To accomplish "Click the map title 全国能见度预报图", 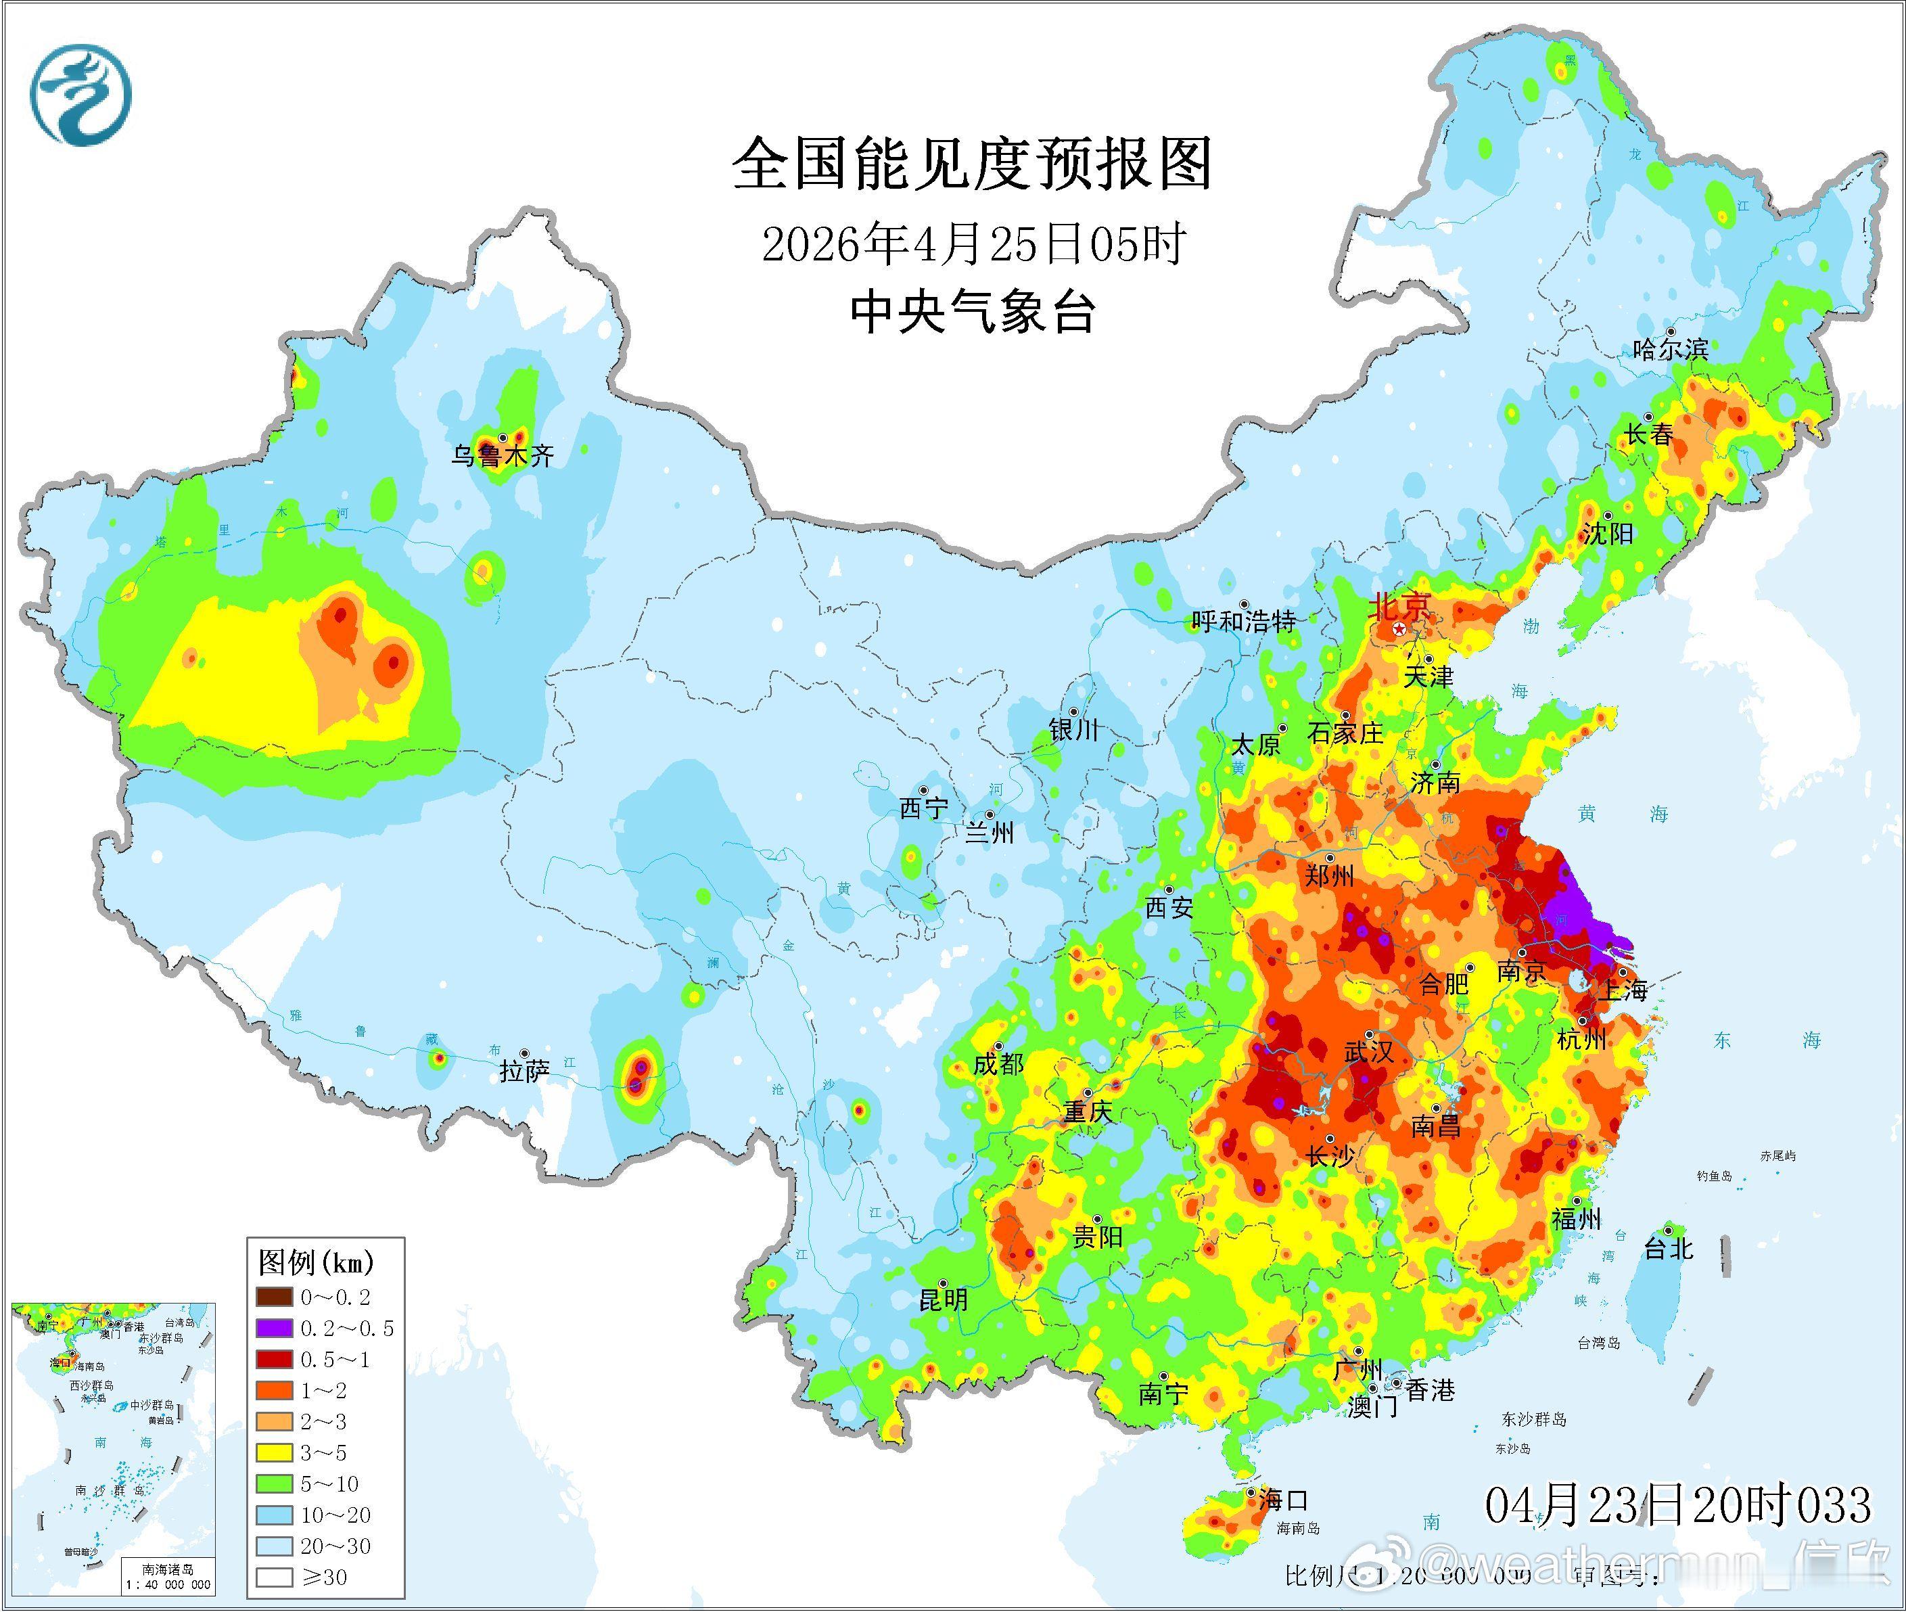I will [x=971, y=164].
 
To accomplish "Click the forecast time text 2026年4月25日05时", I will [x=973, y=245].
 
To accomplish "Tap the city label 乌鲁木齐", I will [x=502, y=456].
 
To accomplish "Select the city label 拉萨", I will [x=524, y=1071].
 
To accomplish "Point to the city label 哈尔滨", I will [x=1670, y=348].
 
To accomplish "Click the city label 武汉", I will [x=1368, y=1053].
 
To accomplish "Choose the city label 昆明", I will [x=943, y=1299].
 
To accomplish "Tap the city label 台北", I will [x=1669, y=1248].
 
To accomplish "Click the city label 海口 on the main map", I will [x=1284, y=1500].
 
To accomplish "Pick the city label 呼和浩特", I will [x=1244, y=622].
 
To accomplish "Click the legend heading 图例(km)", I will [x=316, y=1263].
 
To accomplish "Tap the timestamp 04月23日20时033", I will [x=1677, y=1505].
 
